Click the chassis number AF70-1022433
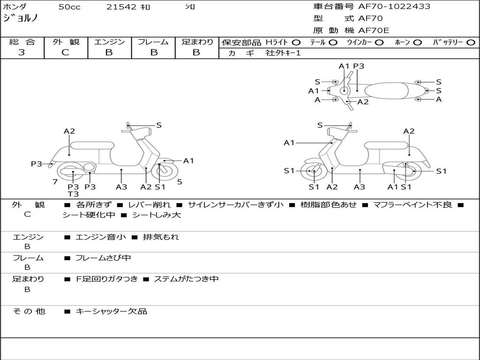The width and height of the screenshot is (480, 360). pyautogui.click(x=394, y=6)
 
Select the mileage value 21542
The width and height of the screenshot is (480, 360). pyautogui.click(x=121, y=7)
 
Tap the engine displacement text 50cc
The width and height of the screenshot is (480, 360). pyautogui.click(x=69, y=7)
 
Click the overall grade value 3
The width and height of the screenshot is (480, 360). pyautogui.click(x=22, y=52)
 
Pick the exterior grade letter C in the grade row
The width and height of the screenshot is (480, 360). pyautogui.click(x=66, y=52)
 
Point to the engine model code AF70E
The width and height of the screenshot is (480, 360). pyautogui.click(x=374, y=30)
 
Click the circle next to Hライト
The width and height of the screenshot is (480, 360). pyautogui.click(x=296, y=43)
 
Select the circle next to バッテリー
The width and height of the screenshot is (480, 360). pyautogui.click(x=471, y=43)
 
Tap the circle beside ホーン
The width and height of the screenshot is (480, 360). pyautogui.click(x=418, y=43)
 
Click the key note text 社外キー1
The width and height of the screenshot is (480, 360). pyautogui.click(x=283, y=53)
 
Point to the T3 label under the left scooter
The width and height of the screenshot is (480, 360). pyautogui.click(x=73, y=194)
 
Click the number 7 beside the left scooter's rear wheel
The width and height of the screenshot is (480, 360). pyautogui.click(x=55, y=182)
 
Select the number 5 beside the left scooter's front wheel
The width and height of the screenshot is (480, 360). pyautogui.click(x=180, y=182)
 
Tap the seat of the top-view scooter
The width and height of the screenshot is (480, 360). pyautogui.click(x=386, y=91)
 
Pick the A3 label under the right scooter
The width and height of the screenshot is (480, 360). pyautogui.click(x=360, y=187)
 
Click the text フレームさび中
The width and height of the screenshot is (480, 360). pyautogui.click(x=103, y=258)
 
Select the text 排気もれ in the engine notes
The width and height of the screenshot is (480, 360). pyautogui.click(x=161, y=237)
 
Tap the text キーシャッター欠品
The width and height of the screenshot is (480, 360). pyautogui.click(x=112, y=312)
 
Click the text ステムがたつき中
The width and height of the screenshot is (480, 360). pyautogui.click(x=186, y=279)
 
